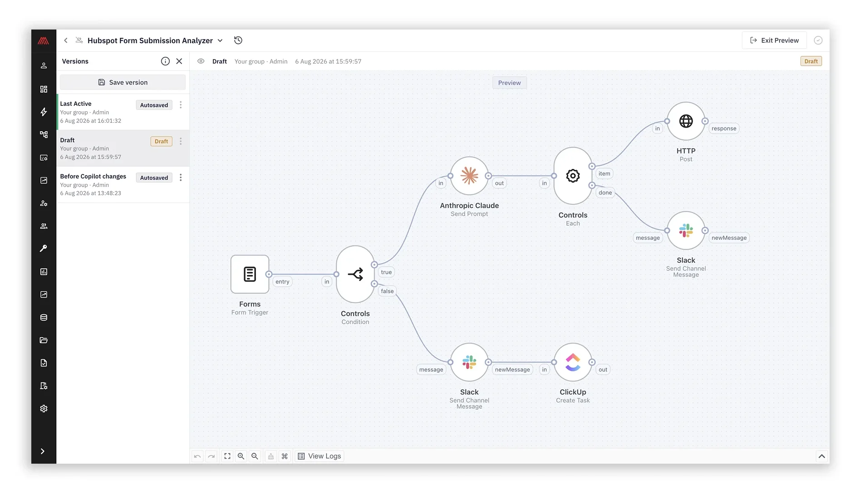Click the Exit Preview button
coord(774,40)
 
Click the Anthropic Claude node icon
coord(469,176)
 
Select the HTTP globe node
coord(686,121)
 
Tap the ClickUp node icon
coord(573,362)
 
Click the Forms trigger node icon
coord(250,274)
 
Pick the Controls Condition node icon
coord(355,274)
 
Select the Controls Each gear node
coord(573,176)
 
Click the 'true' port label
coord(386,272)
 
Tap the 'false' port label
coord(387,292)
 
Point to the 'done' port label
coord(605,193)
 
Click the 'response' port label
coord(724,129)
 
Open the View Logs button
coord(319,456)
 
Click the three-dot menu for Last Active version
coord(181,105)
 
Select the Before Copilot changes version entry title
coord(93,177)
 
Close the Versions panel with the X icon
coord(179,61)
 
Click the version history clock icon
coord(238,40)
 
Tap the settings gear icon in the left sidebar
coord(44,409)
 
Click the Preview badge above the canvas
coord(509,83)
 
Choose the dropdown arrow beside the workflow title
coord(220,41)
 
